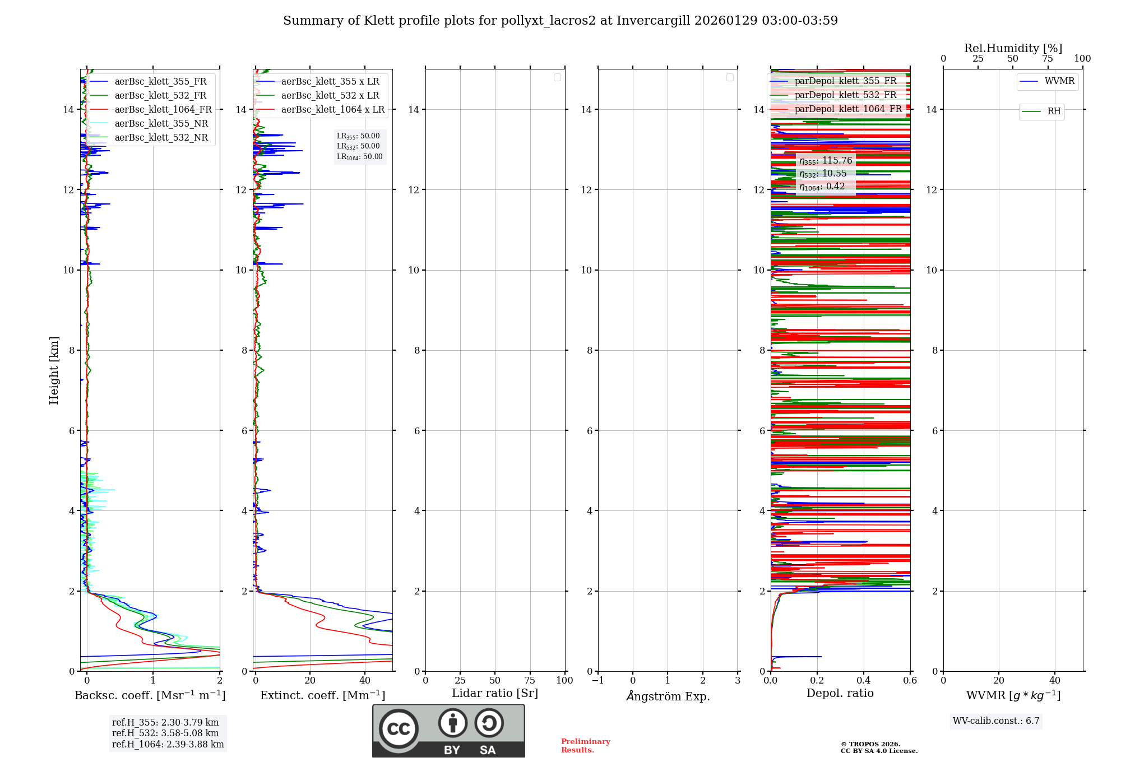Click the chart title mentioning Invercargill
coord(560,21)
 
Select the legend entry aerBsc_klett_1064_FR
coord(163,110)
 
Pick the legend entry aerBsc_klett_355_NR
coord(161,124)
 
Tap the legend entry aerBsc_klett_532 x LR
coord(330,96)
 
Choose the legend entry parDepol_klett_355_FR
coord(845,81)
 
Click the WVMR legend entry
coord(1059,81)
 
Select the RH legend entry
coord(1053,111)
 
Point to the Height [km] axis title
coord(54,370)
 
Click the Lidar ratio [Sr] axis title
coord(494,694)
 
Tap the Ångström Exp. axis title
coord(668,696)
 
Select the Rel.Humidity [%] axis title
coord(1013,48)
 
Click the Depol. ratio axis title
coord(840,694)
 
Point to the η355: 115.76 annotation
coord(826,161)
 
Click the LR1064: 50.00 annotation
coord(359,157)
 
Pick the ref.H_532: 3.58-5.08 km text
coord(165,733)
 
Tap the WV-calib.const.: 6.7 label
coord(996,721)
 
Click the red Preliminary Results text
coord(585,746)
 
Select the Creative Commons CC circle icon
coord(399,729)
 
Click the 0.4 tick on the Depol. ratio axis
coord(864,681)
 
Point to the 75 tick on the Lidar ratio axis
coord(530,681)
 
